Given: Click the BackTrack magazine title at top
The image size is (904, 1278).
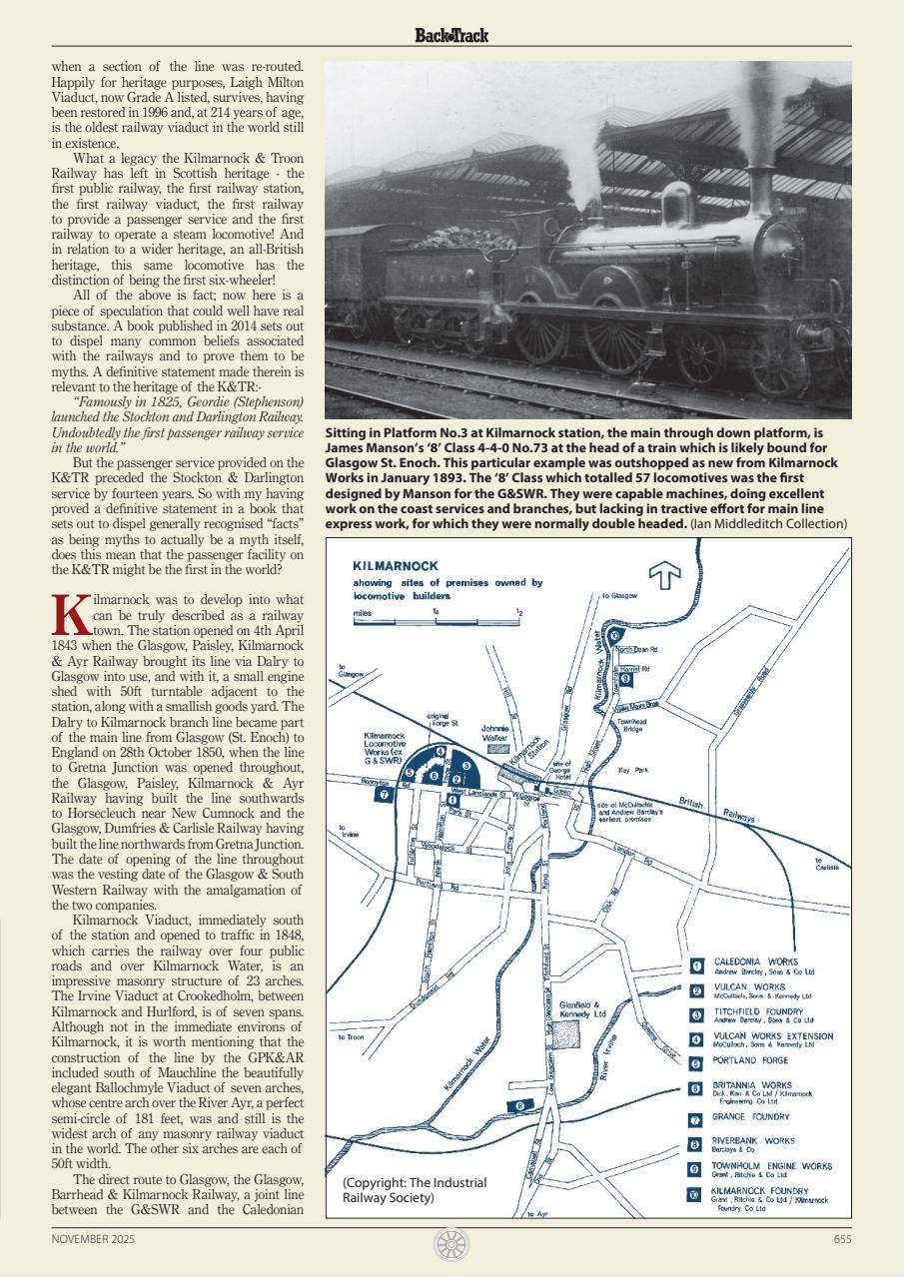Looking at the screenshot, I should click(x=452, y=36).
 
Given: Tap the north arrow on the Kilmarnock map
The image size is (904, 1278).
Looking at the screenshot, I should click(x=665, y=576).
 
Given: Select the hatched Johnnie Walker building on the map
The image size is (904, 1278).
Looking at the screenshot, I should click(x=497, y=747).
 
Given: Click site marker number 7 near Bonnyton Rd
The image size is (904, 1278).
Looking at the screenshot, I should click(x=383, y=795).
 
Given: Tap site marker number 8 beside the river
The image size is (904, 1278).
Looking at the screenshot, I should click(x=521, y=1105).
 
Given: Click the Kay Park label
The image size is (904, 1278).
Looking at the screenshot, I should click(x=633, y=770).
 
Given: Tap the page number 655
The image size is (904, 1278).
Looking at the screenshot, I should click(x=841, y=1238).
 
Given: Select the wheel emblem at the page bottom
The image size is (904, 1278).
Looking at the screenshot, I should click(x=452, y=1244).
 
